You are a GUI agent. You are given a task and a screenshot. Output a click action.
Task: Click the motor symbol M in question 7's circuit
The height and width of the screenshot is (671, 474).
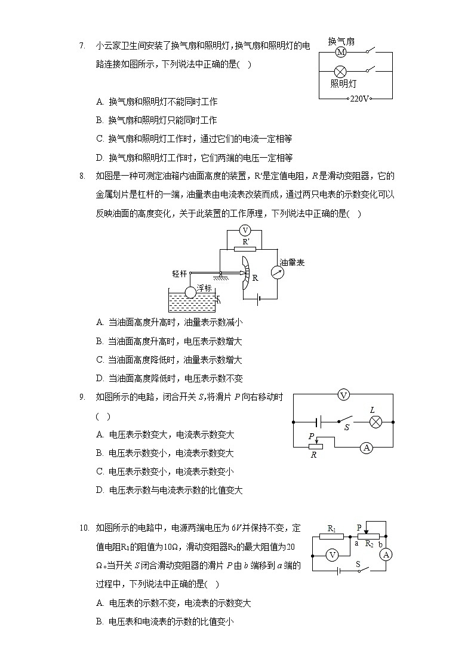[x=341, y=53]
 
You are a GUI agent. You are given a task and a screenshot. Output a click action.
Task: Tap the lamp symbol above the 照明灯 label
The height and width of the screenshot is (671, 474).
[x=340, y=71]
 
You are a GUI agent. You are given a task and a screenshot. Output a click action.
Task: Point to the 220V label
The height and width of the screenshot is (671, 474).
[x=360, y=99]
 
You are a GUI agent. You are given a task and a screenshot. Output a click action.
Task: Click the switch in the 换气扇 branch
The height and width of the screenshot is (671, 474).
[x=371, y=50]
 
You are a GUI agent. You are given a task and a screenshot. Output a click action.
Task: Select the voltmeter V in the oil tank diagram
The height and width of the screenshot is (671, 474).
[x=244, y=231]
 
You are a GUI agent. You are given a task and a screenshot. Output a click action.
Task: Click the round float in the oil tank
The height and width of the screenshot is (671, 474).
[x=190, y=292]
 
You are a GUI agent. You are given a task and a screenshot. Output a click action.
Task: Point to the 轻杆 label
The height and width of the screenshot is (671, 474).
[x=179, y=274]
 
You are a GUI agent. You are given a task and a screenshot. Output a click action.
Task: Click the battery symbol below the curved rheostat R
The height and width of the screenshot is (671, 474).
[x=258, y=299]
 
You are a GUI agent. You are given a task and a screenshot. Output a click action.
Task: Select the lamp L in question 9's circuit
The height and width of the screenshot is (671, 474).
[x=375, y=422]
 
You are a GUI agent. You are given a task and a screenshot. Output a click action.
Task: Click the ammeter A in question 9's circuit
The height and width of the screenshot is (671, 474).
[x=368, y=447]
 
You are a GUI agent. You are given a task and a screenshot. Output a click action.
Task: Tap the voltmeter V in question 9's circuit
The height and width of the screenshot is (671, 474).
[x=343, y=394]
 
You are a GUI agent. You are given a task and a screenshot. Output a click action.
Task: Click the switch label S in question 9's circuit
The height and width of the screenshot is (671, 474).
[x=346, y=428]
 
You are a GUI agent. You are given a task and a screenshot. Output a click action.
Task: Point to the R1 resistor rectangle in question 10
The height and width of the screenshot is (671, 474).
[x=332, y=536]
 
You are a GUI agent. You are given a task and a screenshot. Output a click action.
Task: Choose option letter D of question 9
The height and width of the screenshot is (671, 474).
[x=100, y=491]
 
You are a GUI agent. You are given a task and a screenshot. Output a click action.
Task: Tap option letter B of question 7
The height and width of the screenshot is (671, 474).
[x=100, y=120]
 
